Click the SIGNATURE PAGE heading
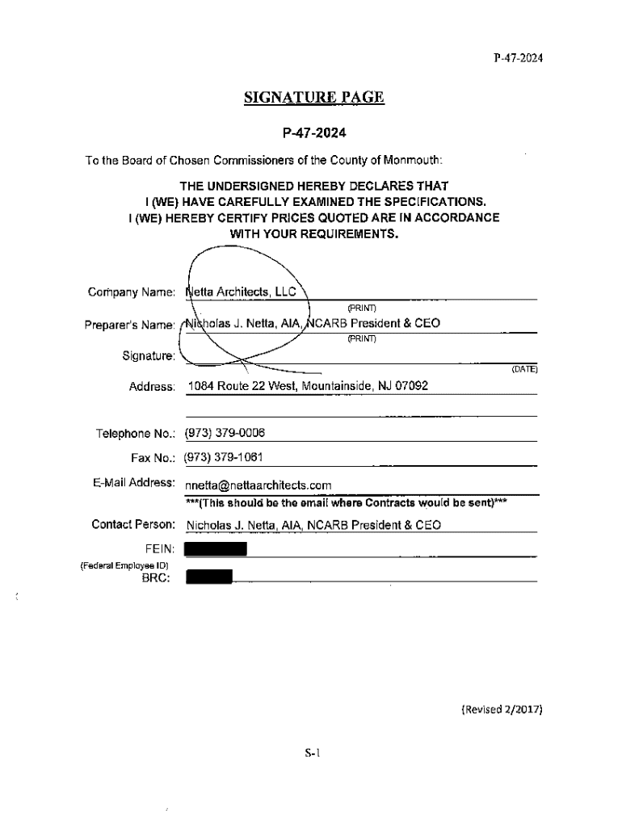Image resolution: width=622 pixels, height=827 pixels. (x=313, y=99)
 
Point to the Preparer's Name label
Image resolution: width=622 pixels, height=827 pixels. (x=129, y=325)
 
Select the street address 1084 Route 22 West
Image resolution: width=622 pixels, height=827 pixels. (x=242, y=387)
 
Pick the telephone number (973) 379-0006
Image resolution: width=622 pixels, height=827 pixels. (x=225, y=434)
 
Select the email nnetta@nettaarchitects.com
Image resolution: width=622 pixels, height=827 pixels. (x=258, y=485)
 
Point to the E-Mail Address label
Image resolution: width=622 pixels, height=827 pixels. (x=134, y=483)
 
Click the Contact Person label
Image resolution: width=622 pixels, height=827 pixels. (x=133, y=525)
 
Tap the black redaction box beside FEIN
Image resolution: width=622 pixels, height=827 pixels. (x=215, y=550)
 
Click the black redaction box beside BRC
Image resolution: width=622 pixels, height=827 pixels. (x=208, y=577)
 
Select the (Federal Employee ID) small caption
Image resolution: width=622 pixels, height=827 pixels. (x=124, y=565)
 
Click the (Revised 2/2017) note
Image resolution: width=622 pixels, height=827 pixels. (x=501, y=710)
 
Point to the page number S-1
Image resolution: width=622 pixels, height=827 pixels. (x=313, y=754)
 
